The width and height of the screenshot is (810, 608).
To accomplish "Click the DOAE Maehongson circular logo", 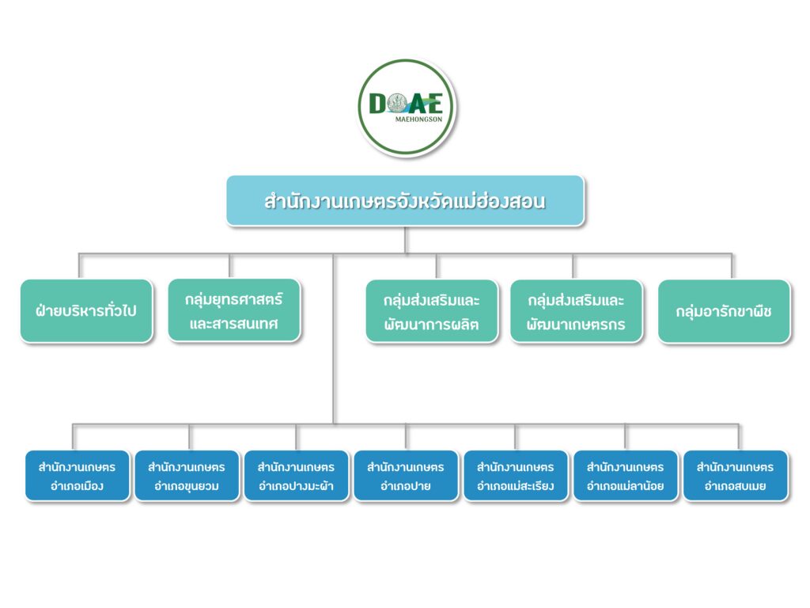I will tap(407, 108).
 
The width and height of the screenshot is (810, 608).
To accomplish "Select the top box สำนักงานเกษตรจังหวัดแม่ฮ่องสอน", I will tap(405, 201).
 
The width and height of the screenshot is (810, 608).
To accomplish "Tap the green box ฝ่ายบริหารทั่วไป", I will tap(86, 311).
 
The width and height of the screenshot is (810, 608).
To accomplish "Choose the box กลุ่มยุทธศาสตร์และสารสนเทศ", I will tap(234, 311).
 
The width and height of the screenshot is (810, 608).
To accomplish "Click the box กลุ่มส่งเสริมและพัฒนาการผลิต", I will tap(432, 311).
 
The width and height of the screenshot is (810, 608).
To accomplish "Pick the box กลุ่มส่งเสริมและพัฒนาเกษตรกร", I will tap(576, 311).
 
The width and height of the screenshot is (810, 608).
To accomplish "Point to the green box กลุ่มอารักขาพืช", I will tap(724, 311).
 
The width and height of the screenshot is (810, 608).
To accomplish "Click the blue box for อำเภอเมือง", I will tap(77, 476).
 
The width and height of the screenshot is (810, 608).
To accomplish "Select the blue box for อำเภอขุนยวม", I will tap(187, 476).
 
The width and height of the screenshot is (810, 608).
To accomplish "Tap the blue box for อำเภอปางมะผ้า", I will tap(296, 476).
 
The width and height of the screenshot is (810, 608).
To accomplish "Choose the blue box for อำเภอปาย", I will tap(406, 476).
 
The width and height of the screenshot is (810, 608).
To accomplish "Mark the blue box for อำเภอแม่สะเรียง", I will tap(515, 476).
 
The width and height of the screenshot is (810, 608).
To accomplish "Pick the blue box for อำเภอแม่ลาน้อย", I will tap(625, 476).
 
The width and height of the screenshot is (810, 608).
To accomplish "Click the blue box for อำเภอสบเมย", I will tap(735, 476).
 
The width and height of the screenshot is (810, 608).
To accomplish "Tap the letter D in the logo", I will tap(378, 104).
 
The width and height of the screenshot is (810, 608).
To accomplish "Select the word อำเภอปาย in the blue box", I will tap(406, 486).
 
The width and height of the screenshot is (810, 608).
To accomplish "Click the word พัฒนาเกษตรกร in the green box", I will tap(576, 325).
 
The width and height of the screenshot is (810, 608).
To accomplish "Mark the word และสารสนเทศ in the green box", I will tap(234, 324).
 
